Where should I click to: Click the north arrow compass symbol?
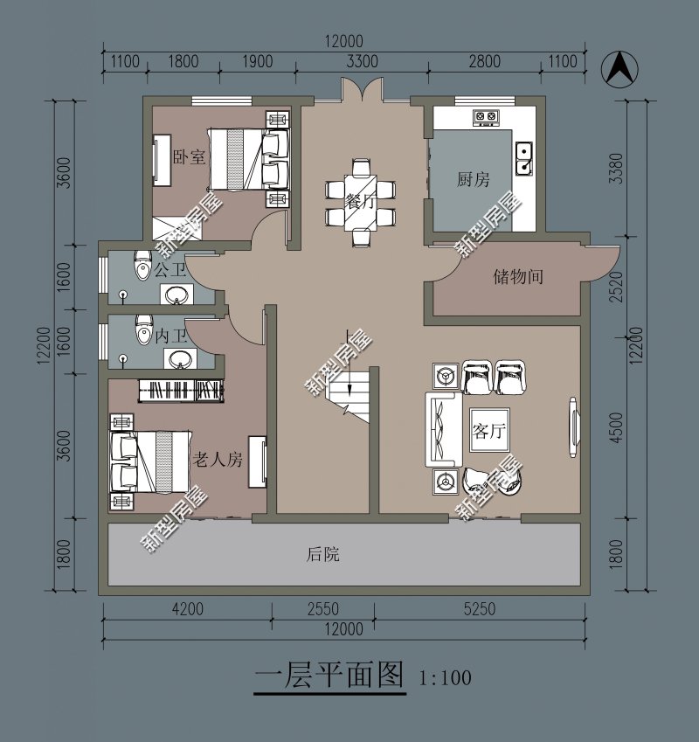pos(619,69)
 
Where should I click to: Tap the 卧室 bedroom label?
pos(189,157)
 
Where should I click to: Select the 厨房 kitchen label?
pos(473,179)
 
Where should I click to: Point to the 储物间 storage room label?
pos(518,277)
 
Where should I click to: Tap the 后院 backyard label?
pos(322,554)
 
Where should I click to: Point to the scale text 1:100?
pos(446,677)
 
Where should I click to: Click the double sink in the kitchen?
pos(525,158)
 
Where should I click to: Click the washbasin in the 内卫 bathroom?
pos(182,358)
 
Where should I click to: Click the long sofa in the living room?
pos(442,429)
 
